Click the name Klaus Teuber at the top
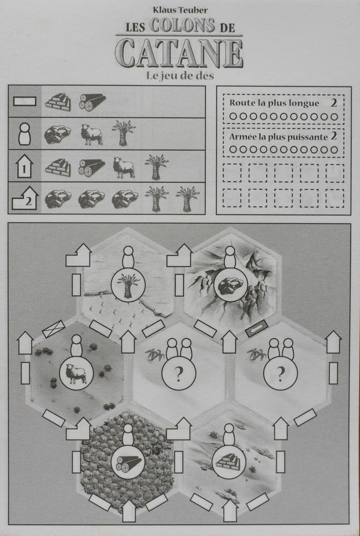(x=180, y=10)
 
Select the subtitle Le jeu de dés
(x=180, y=75)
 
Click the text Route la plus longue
(x=274, y=103)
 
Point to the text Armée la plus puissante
(x=278, y=137)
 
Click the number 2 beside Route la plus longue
(x=334, y=103)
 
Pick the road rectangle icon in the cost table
(x=25, y=101)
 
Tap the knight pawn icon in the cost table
(x=25, y=134)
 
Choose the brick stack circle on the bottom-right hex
(x=229, y=463)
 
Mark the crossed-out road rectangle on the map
(x=54, y=329)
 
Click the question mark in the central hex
(x=179, y=374)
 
